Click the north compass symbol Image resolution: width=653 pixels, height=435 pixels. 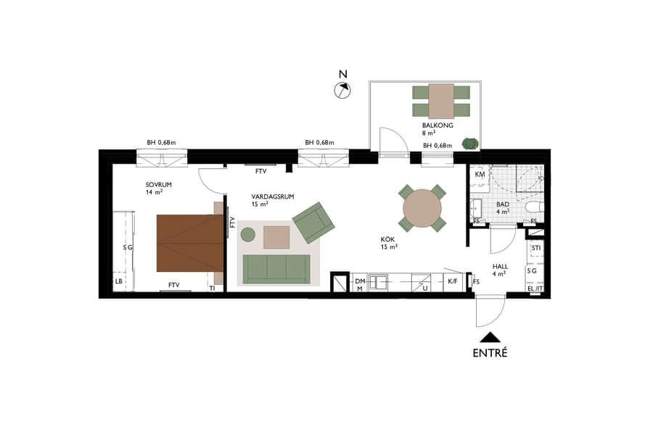[342, 90]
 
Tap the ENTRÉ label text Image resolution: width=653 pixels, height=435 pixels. [490, 354]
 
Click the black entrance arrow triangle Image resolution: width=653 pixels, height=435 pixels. [490, 337]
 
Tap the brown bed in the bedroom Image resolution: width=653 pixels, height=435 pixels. [189, 243]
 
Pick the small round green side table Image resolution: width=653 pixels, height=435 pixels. [248, 234]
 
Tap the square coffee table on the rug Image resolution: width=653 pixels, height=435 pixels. [276, 237]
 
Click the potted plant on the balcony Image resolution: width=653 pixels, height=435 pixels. [470, 144]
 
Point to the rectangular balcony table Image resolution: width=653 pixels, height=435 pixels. [441, 101]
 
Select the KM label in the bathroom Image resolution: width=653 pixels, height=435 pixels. [480, 175]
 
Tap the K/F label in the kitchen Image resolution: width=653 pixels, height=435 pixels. [453, 281]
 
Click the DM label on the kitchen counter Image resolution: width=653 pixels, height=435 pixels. [360, 281]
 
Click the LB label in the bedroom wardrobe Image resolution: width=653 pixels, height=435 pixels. [118, 281]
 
